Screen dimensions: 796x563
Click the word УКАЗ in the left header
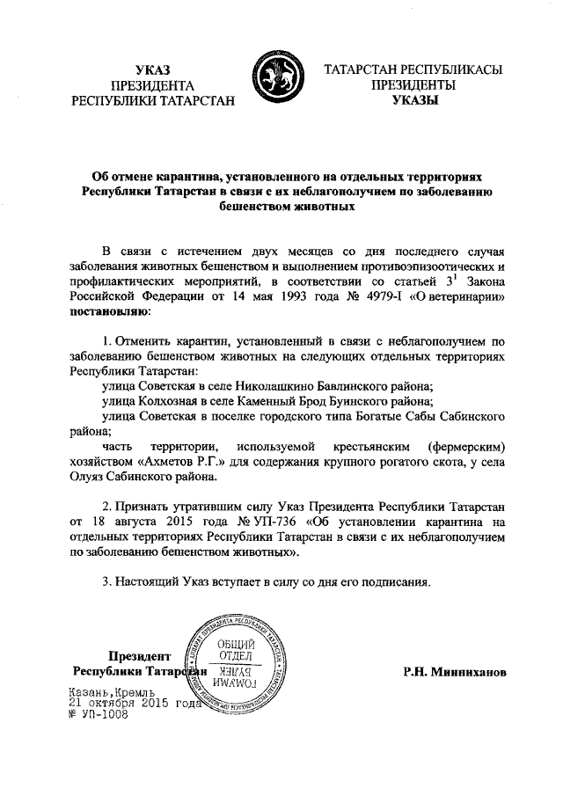tap(152, 69)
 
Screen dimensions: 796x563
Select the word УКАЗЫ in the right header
tap(413, 101)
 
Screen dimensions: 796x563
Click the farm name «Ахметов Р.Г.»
tap(178, 463)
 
